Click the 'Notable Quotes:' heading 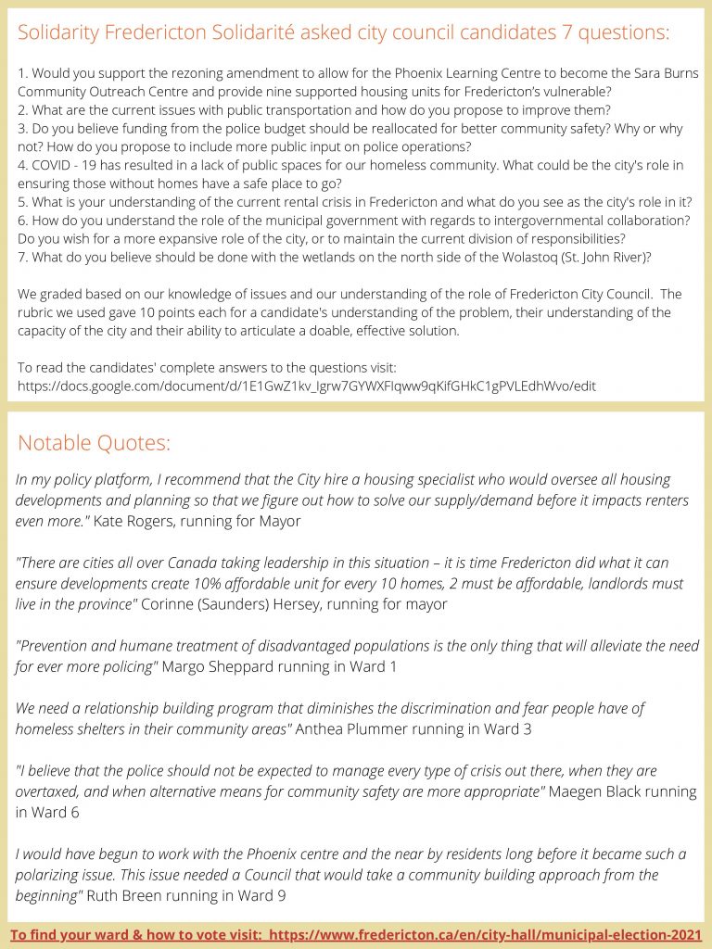pos(94,443)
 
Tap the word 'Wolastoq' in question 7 pos(509,256)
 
